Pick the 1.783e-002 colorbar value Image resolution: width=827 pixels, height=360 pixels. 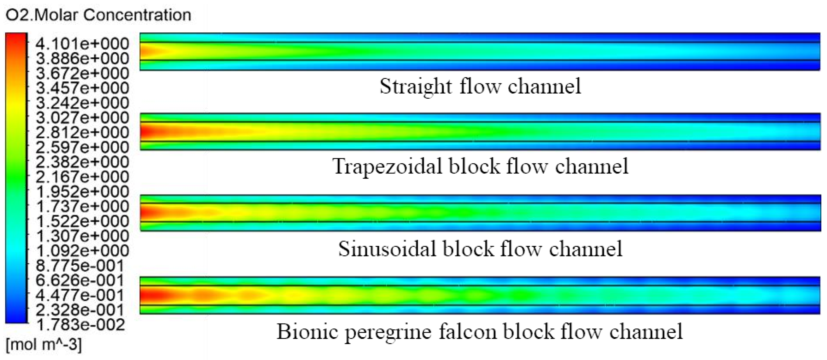coord(80,325)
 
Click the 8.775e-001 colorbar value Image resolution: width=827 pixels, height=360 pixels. coord(80,266)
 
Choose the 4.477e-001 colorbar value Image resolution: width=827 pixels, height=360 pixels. coord(80,295)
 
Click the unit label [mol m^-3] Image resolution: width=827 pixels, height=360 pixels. coord(44,345)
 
